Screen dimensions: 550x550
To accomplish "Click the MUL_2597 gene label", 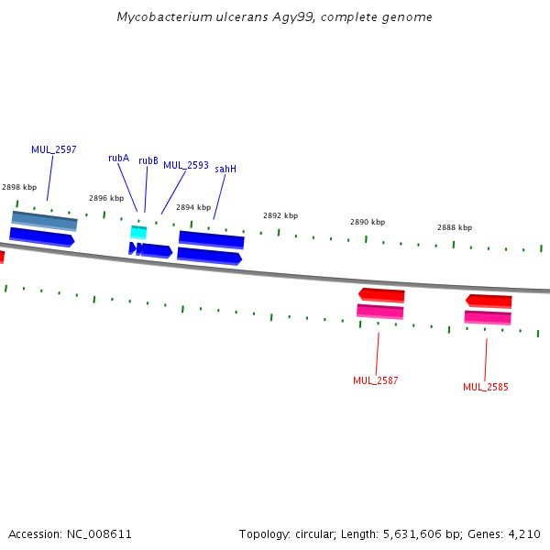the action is (x=53, y=149).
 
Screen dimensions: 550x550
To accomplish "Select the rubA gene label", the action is (x=118, y=158).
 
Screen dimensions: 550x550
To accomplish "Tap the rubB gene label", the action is (x=148, y=160).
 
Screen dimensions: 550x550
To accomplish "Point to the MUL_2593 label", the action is (x=186, y=165).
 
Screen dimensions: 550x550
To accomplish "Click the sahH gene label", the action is (x=225, y=169).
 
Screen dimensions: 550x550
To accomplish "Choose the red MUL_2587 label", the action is (x=375, y=380).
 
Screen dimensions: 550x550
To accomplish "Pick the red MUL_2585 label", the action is (x=485, y=387).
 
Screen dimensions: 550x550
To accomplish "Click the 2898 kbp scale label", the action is (x=18, y=187).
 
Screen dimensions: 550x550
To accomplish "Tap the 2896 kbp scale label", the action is (x=105, y=198).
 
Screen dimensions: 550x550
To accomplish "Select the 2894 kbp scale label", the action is (x=192, y=207).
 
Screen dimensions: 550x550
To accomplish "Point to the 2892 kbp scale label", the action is (x=280, y=215).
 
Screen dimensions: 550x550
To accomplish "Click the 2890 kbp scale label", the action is (x=367, y=222).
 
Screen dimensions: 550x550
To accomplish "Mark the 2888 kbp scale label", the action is (x=454, y=227).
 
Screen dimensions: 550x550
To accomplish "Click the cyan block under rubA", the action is (x=138, y=233).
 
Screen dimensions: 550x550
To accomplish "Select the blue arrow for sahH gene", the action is (x=209, y=256).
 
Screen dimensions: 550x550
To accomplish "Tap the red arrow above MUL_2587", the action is (x=381, y=294).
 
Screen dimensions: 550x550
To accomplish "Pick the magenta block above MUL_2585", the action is (x=488, y=317).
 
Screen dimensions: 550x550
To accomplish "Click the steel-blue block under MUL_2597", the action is (x=44, y=220).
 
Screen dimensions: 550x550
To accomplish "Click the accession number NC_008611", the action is (x=98, y=533).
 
